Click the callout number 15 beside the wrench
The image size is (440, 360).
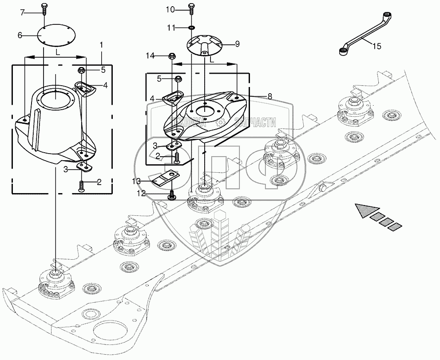point(377,46)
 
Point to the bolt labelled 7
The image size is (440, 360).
point(44,10)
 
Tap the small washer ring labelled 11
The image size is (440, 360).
point(192,28)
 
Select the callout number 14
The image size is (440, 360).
point(150,56)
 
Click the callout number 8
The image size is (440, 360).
point(270,97)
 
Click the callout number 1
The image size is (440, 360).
point(102,45)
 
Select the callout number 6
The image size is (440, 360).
point(20,36)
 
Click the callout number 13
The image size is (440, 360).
point(136,182)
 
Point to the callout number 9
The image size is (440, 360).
point(237,44)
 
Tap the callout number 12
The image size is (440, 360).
point(141,194)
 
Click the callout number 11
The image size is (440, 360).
point(171,28)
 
